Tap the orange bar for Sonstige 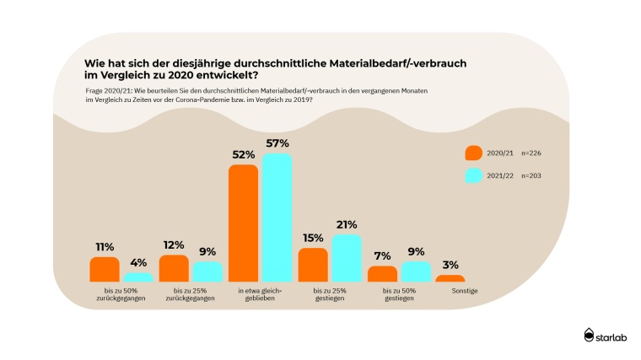(x=450, y=278)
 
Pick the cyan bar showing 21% (x=346, y=258)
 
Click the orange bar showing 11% (x=105, y=269)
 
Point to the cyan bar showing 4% (x=138, y=277)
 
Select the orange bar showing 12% (x=174, y=268)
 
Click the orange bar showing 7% (x=382, y=273)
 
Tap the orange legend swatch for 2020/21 (x=473, y=153)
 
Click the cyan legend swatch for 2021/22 (x=473, y=175)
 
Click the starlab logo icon (x=590, y=335)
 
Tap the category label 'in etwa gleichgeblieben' (x=260, y=293)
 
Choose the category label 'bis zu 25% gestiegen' (x=329, y=293)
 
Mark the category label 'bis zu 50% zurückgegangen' (x=121, y=293)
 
